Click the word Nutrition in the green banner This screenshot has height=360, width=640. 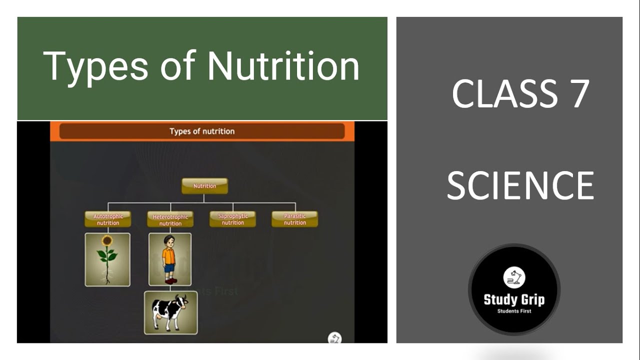click(x=283, y=66)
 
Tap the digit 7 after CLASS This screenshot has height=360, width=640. click(x=580, y=94)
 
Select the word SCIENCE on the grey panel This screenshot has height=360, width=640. click(x=520, y=185)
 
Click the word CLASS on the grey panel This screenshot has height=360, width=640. click(x=505, y=94)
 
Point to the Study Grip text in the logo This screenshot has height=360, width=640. click(x=514, y=300)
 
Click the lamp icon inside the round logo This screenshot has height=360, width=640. click(x=514, y=278)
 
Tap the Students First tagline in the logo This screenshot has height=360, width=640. click(x=514, y=311)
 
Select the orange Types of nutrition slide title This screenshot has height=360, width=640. click(x=202, y=131)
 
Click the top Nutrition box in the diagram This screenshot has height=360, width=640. click(x=204, y=186)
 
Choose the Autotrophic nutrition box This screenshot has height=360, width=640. click(x=107, y=219)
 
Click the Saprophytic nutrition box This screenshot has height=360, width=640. click(x=232, y=219)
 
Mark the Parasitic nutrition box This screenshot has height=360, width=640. click(x=294, y=219)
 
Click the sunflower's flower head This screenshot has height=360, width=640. click(x=106, y=241)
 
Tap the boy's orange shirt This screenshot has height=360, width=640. click(x=169, y=257)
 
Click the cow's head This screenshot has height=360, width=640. click(x=181, y=302)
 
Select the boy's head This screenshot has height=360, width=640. click(x=169, y=241)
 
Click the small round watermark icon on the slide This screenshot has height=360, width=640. click(x=334, y=338)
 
